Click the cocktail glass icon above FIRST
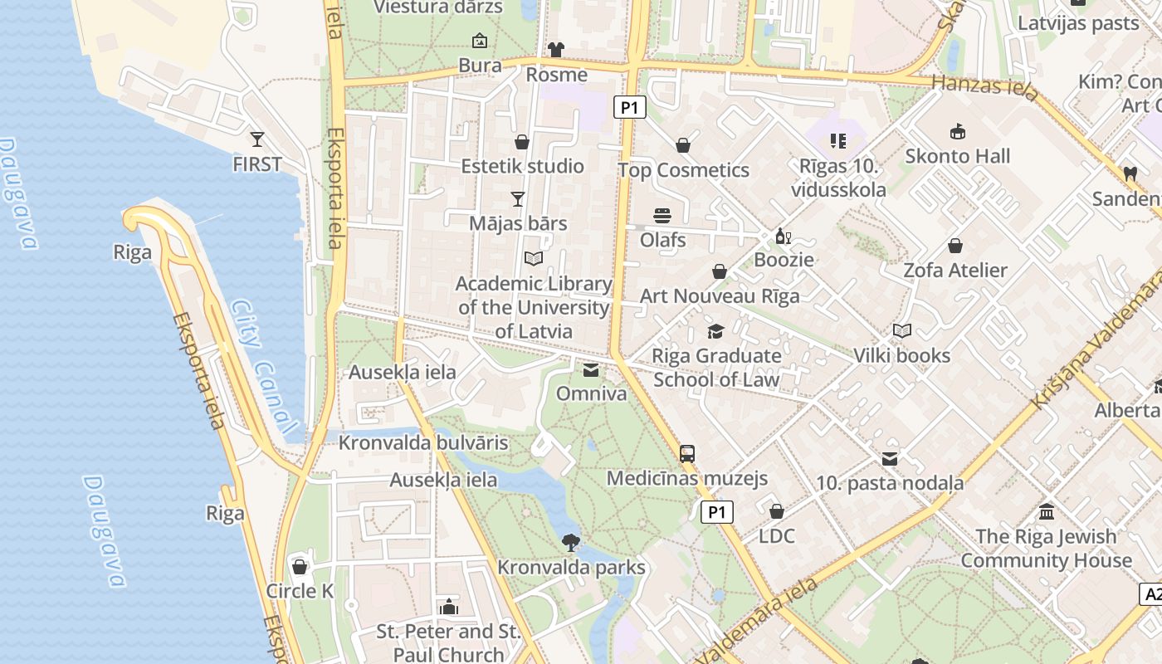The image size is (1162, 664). pyautogui.click(x=257, y=139)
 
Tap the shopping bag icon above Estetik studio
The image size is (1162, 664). pyautogui.click(x=522, y=142)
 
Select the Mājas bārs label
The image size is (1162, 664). pyautogui.click(x=518, y=223)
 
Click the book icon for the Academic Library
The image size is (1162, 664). pyautogui.click(x=534, y=259)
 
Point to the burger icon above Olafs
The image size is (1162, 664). pyautogui.click(x=662, y=216)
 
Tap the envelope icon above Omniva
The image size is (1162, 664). pyautogui.click(x=591, y=369)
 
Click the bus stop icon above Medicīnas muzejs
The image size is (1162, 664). pyautogui.click(x=687, y=454)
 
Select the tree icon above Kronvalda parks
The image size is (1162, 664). pyautogui.click(x=570, y=543)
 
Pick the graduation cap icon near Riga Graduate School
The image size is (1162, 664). pyautogui.click(x=715, y=332)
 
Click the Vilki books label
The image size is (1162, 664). pyautogui.click(x=902, y=355)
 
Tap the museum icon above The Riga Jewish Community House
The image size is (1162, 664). pyautogui.click(x=1047, y=512)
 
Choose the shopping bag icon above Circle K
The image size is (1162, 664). pyautogui.click(x=300, y=567)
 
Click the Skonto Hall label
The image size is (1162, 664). pyautogui.click(x=958, y=156)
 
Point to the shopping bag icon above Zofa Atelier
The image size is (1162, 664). pyautogui.click(x=955, y=246)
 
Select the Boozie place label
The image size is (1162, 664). pyautogui.click(x=784, y=260)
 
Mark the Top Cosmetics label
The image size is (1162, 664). pyautogui.click(x=683, y=170)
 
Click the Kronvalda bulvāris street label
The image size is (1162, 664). pyautogui.click(x=423, y=442)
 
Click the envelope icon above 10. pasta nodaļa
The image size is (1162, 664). pyautogui.click(x=890, y=459)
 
